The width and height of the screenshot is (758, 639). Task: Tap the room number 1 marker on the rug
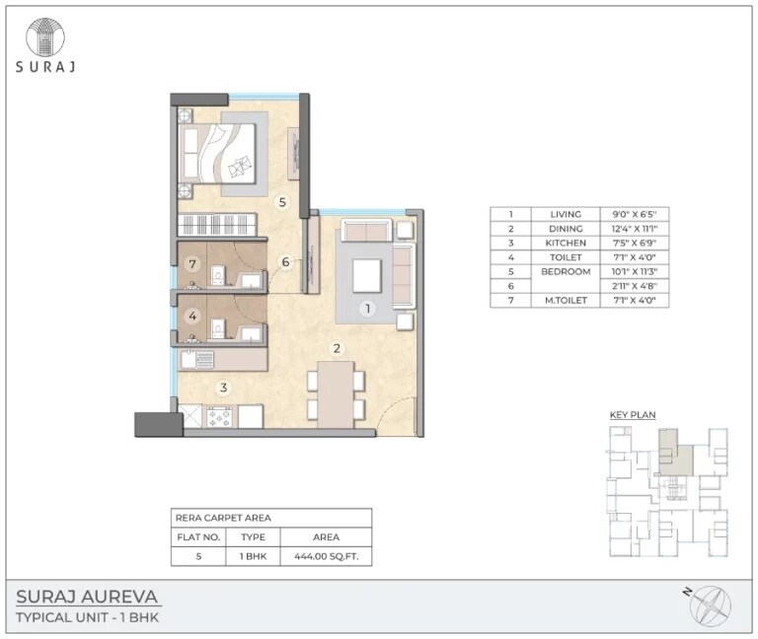click(366, 309)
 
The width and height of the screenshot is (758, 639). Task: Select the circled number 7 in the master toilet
click(193, 264)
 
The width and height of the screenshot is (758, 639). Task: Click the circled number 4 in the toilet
click(193, 317)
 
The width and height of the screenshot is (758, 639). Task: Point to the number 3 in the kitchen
click(224, 388)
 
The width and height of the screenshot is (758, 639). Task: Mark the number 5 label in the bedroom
click(282, 203)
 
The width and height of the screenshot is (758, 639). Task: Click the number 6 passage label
click(285, 262)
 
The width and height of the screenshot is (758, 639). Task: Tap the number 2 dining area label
click(337, 348)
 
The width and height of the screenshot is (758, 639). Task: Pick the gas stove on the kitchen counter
click(219, 417)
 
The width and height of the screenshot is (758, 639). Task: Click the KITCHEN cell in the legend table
click(567, 243)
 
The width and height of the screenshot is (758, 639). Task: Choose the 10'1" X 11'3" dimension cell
click(634, 271)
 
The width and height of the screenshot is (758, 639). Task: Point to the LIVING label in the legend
click(567, 214)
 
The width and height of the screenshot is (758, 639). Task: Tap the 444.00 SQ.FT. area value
click(326, 557)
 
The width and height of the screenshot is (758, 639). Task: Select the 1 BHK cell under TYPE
click(254, 557)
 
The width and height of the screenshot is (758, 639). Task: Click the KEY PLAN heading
click(632, 415)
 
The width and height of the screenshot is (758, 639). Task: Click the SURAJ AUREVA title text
click(88, 597)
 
